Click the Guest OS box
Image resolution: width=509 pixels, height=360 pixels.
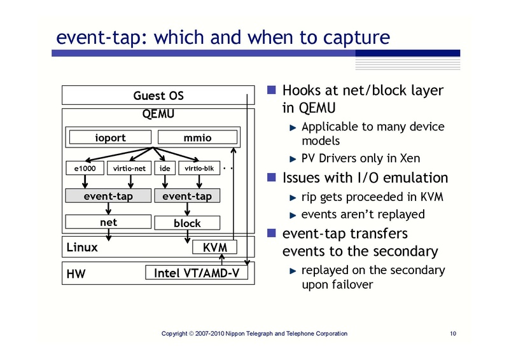click(158, 96)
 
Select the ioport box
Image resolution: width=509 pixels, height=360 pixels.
click(110, 137)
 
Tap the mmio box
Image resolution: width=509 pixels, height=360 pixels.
click(197, 137)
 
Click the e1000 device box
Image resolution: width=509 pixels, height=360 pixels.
click(85, 169)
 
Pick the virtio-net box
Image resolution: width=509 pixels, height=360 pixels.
click(130, 169)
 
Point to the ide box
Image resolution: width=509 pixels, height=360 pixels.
click(165, 169)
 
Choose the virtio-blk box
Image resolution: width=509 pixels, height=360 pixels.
click(199, 169)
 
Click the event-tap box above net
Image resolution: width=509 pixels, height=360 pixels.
click(108, 196)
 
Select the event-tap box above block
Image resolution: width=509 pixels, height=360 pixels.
click(187, 196)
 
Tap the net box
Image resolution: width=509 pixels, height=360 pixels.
click(108, 223)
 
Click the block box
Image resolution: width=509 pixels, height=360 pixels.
click(187, 223)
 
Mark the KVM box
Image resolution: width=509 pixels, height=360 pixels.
click(214, 247)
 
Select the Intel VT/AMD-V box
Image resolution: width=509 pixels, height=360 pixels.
click(197, 273)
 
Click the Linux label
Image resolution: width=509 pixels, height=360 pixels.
click(82, 247)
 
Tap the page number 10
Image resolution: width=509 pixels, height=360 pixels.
click(453, 333)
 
